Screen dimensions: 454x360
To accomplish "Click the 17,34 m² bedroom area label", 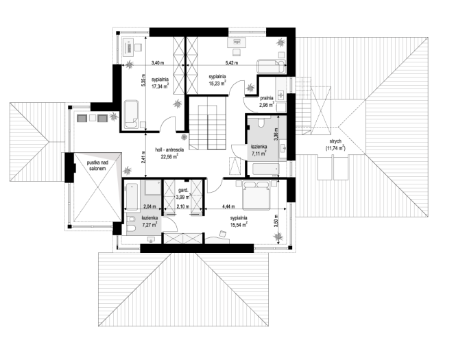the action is [160, 86].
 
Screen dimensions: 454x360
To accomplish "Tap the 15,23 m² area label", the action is [217, 83].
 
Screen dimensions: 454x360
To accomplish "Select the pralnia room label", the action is [266, 98].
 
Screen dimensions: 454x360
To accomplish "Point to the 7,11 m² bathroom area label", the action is [259, 154].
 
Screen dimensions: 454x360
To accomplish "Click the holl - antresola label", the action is [169, 149].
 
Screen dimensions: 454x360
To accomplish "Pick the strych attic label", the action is [335, 141].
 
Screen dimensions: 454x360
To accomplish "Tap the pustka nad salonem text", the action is [97, 165].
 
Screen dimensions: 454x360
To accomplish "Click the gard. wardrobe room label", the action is [183, 190].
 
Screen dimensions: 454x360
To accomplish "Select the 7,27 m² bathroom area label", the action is [150, 224].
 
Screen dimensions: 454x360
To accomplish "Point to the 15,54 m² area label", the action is [239, 224].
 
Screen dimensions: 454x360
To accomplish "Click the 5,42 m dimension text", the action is [232, 62].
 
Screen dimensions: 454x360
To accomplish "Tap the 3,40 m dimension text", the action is [158, 62].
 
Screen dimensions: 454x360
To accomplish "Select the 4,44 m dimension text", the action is [228, 206].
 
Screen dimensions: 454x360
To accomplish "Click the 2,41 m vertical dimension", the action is [143, 156].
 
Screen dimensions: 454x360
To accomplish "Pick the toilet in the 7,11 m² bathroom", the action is [261, 123].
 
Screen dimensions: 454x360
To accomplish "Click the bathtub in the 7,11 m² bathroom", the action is [266, 169].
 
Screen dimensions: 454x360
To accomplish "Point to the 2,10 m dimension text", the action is [182, 206].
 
